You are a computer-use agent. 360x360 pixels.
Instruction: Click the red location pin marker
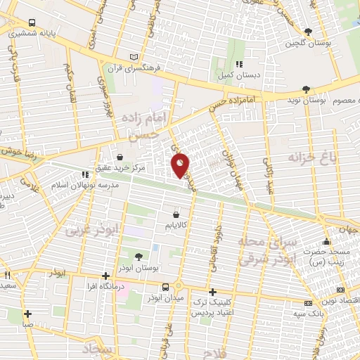[181, 165]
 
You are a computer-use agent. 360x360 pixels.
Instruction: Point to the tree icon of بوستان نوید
[304, 89]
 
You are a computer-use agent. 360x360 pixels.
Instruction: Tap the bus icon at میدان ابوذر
[165, 288]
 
